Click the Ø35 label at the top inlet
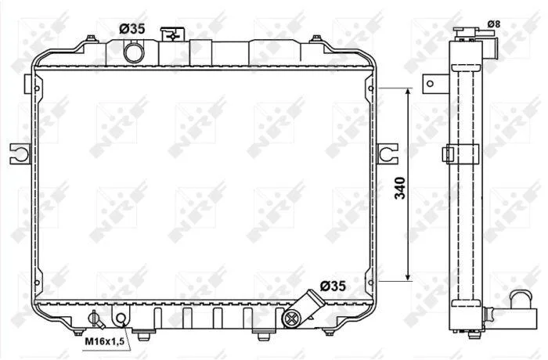pos(132,29)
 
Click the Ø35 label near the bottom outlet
pos(333,286)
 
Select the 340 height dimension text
pos(400,189)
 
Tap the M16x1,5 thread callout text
pos(105,341)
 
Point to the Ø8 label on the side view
pos(494,24)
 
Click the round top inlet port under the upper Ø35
pos(134,52)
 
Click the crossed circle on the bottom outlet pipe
pos(291,318)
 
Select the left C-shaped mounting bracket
pos(20,154)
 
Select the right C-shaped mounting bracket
pos(388,153)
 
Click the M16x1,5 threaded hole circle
pos(121,318)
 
